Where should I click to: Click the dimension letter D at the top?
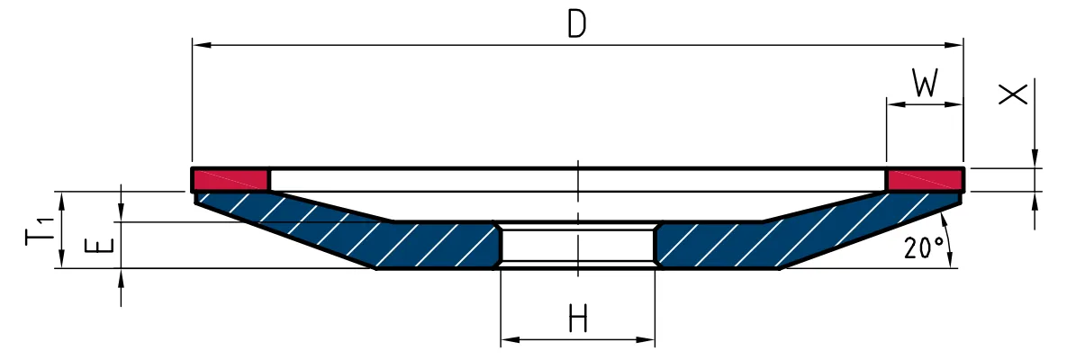[577, 24]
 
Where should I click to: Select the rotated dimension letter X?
[1014, 94]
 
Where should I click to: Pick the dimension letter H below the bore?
[578, 319]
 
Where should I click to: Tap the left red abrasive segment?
[231, 180]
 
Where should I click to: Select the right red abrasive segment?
[925, 180]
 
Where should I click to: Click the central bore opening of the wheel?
[578, 244]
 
